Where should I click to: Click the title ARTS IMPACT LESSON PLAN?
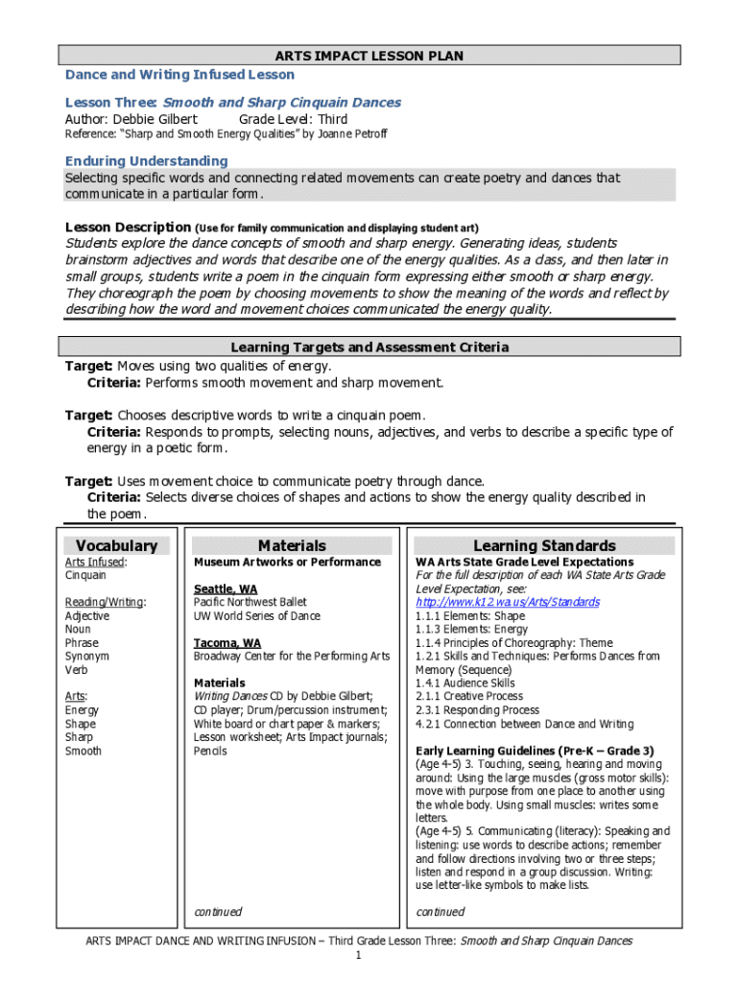tap(369, 56)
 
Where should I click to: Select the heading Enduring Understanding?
tap(146, 160)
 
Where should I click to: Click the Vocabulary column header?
tap(116, 545)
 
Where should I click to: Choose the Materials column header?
tap(292, 545)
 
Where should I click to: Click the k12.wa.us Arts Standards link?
tap(507, 602)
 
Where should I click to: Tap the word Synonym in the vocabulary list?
tap(87, 656)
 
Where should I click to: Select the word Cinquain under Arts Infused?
tap(85, 575)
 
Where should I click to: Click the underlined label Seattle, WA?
tap(226, 588)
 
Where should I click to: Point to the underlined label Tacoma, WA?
tap(226, 642)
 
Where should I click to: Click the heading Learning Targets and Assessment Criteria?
tap(369, 347)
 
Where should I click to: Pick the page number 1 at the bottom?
tap(358, 956)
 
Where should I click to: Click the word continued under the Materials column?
tap(218, 911)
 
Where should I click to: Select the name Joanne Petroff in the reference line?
tap(351, 134)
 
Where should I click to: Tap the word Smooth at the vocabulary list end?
tap(83, 751)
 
